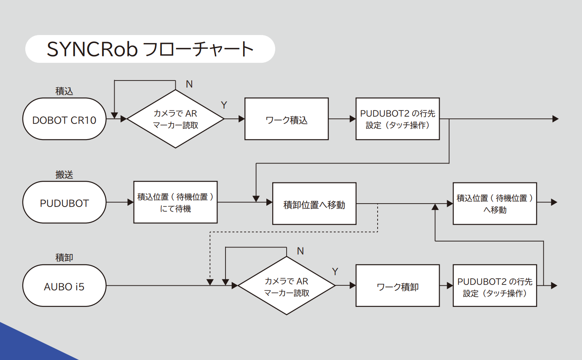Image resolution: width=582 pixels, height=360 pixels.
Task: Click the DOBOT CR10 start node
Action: click(x=64, y=119)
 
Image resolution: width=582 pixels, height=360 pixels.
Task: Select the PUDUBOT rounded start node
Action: click(x=64, y=202)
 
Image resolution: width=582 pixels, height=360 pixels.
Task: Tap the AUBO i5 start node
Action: click(x=64, y=286)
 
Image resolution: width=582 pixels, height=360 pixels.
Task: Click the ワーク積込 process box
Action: click(x=287, y=119)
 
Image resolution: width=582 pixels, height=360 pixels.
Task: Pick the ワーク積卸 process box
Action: click(x=398, y=286)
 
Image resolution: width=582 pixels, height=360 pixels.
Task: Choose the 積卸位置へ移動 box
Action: click(x=314, y=204)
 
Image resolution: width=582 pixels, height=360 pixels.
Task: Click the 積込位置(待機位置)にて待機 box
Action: click(x=176, y=202)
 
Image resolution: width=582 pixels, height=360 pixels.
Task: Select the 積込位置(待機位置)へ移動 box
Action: click(x=495, y=204)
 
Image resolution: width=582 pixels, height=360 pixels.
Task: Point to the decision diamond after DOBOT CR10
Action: click(x=176, y=119)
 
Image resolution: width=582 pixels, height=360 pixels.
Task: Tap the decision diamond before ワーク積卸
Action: click(x=287, y=286)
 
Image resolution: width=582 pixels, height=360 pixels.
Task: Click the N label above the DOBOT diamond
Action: click(x=189, y=84)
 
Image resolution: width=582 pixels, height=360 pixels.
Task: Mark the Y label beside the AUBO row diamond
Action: click(x=335, y=271)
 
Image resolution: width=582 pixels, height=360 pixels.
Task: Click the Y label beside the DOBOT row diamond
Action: click(x=224, y=105)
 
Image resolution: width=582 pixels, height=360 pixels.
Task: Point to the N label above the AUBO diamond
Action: click(x=300, y=251)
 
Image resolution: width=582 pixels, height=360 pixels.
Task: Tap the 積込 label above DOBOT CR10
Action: click(x=64, y=91)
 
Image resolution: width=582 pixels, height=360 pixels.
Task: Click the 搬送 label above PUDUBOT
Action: click(x=64, y=175)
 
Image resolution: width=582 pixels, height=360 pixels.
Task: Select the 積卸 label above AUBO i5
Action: click(x=64, y=258)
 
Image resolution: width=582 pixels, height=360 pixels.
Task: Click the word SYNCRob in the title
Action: click(x=92, y=49)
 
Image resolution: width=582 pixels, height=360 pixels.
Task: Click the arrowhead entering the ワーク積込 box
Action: click(x=241, y=119)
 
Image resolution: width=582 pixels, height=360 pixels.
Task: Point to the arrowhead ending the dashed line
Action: click(x=210, y=282)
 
